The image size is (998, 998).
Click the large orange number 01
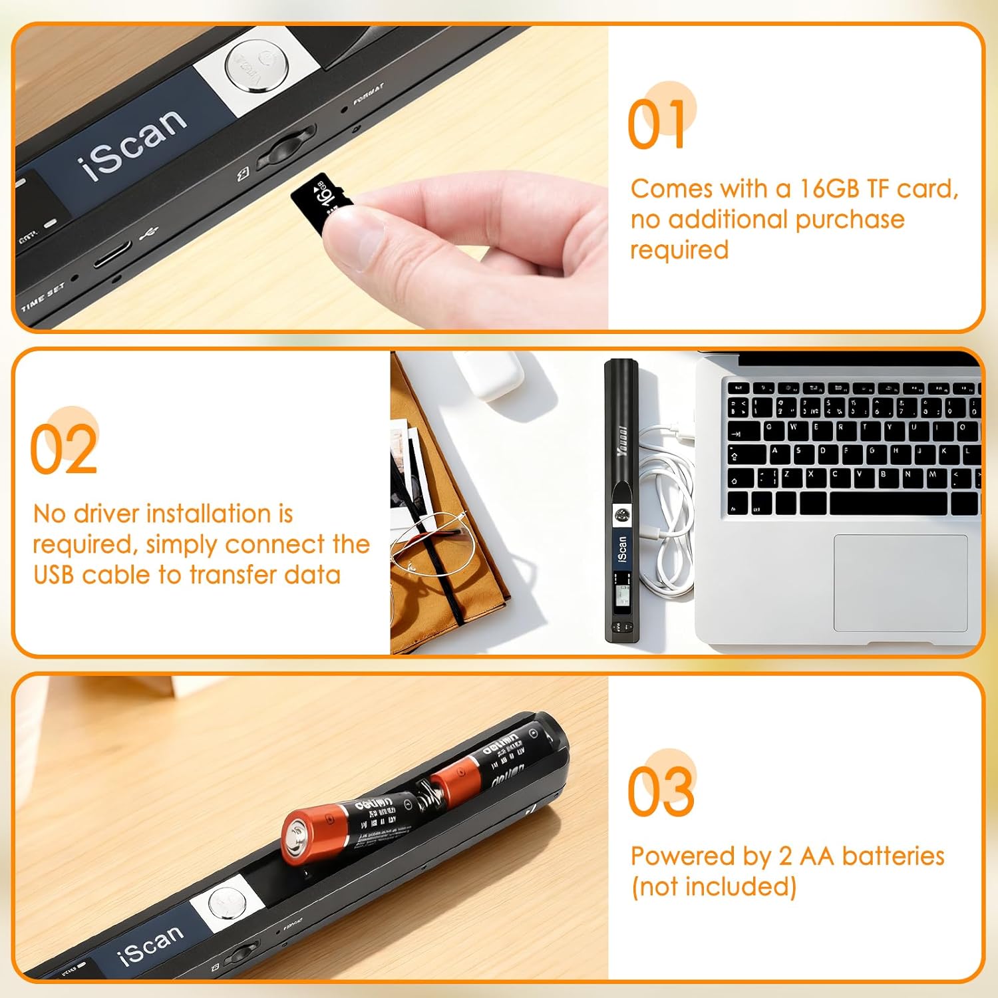pyautogui.click(x=657, y=125)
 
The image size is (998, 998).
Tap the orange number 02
pyautogui.click(x=64, y=450)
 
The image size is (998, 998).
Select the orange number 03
pyautogui.click(x=661, y=791)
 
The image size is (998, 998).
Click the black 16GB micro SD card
pyautogui.click(x=321, y=201)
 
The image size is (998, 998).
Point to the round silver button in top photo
pyautogui.click(x=251, y=65)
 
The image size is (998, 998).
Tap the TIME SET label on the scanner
pyautogui.click(x=43, y=297)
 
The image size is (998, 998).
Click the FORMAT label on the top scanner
pyautogui.click(x=368, y=94)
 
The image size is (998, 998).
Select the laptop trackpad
pyautogui.click(x=900, y=582)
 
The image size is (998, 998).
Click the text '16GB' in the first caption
pyautogui.click(x=829, y=189)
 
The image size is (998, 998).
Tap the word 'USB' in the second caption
pyautogui.click(x=53, y=575)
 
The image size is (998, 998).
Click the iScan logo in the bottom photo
pyautogui.click(x=150, y=945)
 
